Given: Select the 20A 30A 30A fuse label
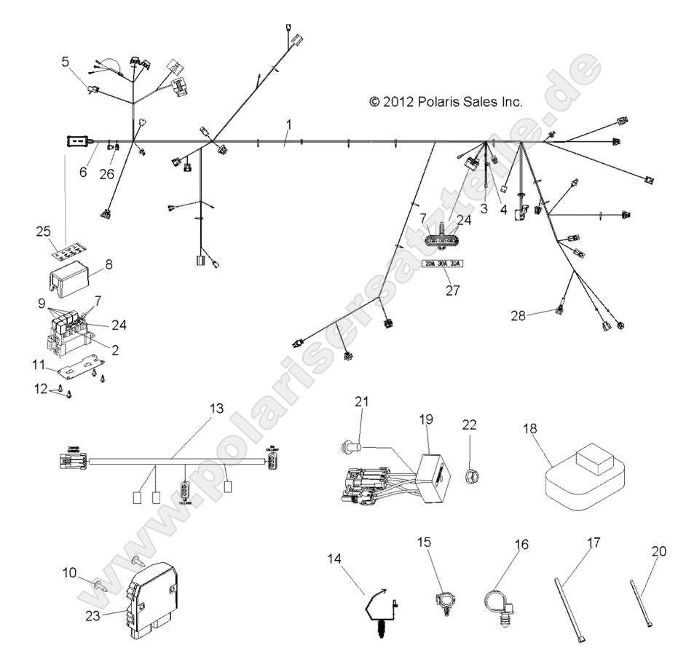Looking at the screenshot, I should [444, 264].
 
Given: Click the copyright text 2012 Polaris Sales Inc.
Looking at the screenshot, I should [446, 102].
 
